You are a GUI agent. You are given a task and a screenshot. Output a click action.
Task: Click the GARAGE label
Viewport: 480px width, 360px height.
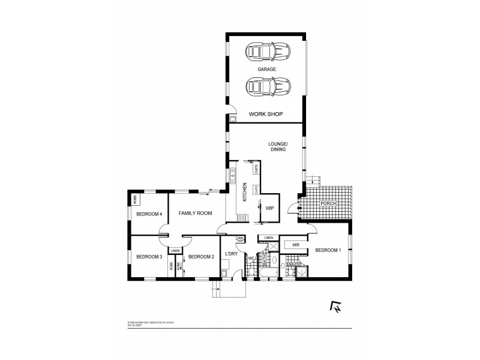(x=267, y=70)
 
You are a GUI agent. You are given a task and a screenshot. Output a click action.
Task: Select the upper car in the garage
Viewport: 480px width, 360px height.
(x=267, y=52)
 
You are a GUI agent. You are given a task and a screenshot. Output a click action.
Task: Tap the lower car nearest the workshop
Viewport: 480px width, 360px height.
(x=267, y=88)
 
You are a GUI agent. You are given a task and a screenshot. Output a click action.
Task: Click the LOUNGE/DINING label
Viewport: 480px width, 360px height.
(x=278, y=146)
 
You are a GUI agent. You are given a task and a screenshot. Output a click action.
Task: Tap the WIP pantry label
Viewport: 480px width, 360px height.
(x=269, y=208)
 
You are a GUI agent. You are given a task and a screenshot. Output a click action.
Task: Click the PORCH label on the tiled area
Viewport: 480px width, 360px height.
(x=330, y=203)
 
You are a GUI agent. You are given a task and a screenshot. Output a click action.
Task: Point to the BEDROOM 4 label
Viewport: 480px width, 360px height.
(x=149, y=214)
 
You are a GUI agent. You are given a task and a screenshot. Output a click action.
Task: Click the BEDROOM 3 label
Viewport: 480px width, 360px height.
(x=149, y=257)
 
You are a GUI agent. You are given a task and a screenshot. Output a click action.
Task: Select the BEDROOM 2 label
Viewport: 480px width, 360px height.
(x=200, y=257)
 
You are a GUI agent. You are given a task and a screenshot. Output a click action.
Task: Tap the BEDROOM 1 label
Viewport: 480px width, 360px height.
(x=328, y=250)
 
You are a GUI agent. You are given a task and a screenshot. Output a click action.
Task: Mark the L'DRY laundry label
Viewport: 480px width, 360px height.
(x=232, y=254)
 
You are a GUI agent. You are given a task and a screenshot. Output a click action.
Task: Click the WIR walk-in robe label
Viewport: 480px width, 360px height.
(x=295, y=245)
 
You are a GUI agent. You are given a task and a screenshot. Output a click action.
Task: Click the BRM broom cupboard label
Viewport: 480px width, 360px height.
(x=240, y=238)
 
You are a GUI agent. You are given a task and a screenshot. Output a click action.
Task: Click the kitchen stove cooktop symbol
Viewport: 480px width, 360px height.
(x=241, y=218)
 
